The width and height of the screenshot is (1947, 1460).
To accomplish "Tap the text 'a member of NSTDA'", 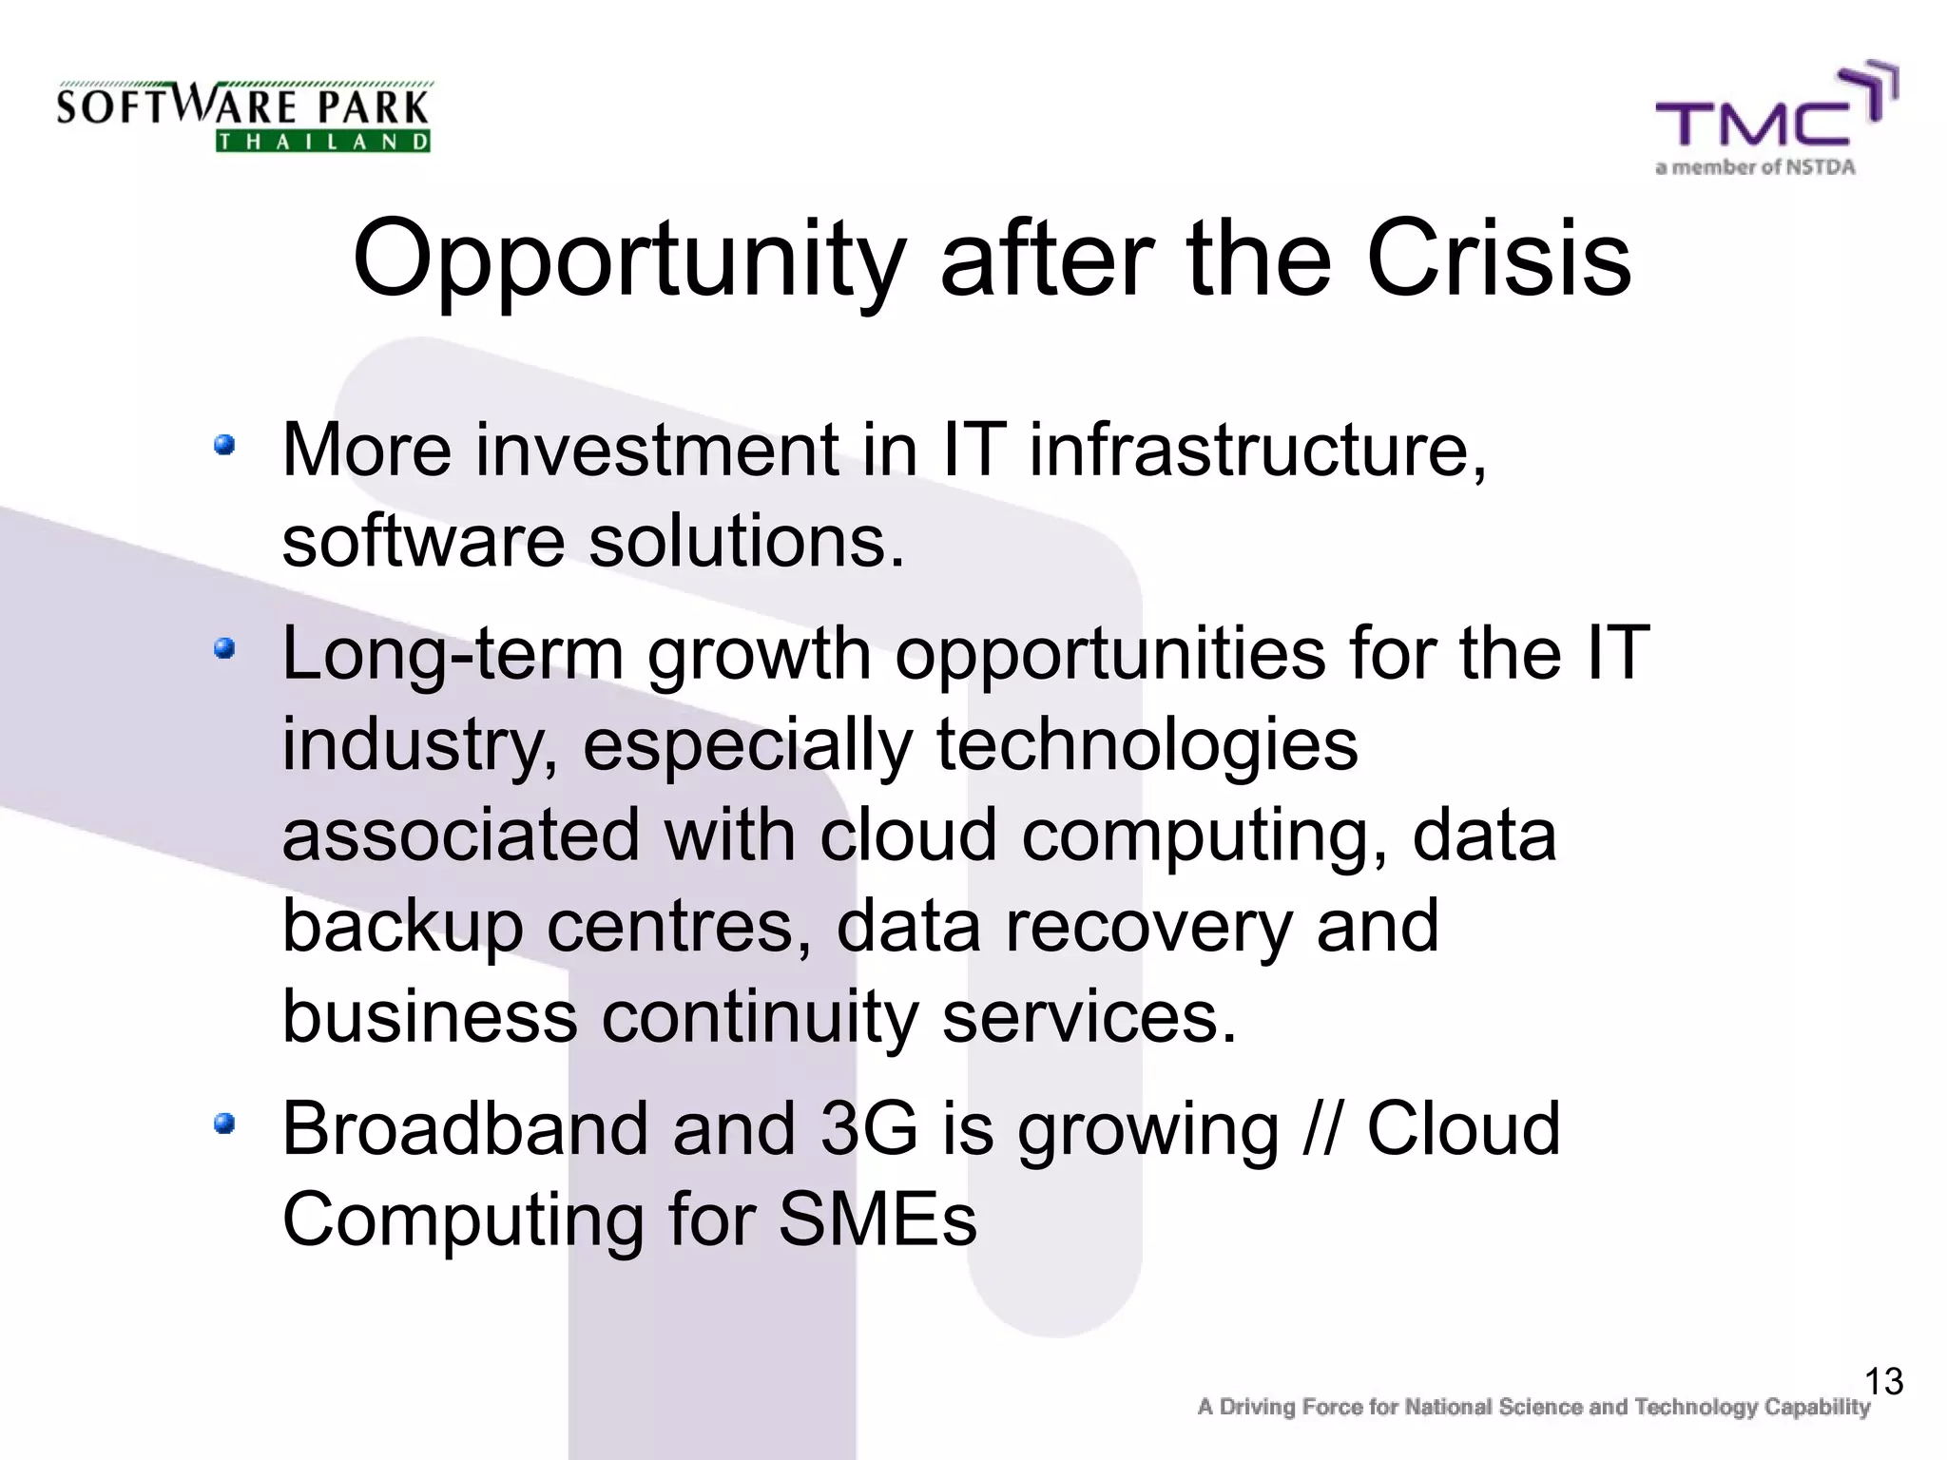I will (1755, 167).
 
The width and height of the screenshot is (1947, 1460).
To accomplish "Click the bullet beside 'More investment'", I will (224, 445).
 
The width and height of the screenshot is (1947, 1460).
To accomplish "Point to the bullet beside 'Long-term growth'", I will (224, 649).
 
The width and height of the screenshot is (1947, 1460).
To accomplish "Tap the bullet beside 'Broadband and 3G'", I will (224, 1124).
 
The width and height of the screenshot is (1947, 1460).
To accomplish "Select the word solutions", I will (746, 542).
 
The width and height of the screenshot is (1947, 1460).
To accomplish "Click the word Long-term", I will (453, 654).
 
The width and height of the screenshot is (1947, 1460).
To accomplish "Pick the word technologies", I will (1147, 746).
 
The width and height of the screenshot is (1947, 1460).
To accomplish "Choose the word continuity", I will (760, 1017).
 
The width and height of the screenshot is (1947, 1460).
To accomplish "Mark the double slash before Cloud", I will (1322, 1128).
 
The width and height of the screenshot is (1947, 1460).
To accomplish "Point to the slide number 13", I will (1883, 1381).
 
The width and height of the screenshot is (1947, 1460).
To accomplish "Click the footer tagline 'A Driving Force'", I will (1533, 1407).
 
